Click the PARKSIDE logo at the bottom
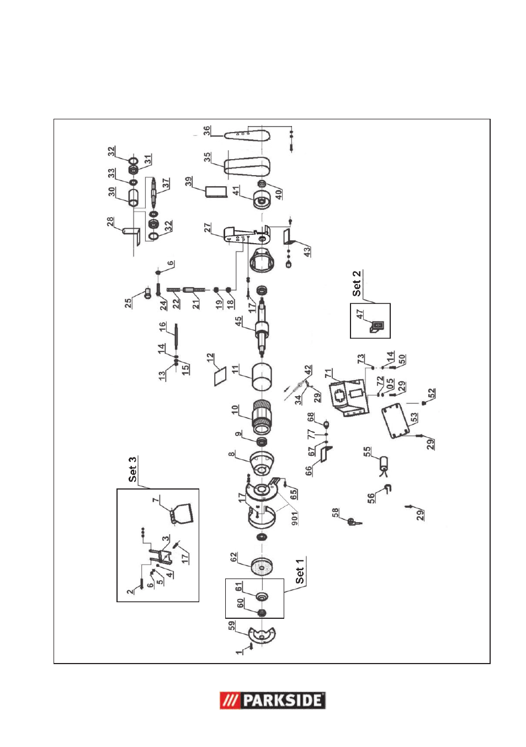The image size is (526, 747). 273,700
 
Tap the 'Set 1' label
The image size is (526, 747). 300,571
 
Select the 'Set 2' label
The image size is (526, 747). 357,283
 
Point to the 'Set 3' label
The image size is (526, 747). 132,469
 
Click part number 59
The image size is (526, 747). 232,625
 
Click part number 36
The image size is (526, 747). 206,130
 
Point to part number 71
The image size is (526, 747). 329,373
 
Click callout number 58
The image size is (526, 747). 335,514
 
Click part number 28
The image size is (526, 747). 110,221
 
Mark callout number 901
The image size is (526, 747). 295,518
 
